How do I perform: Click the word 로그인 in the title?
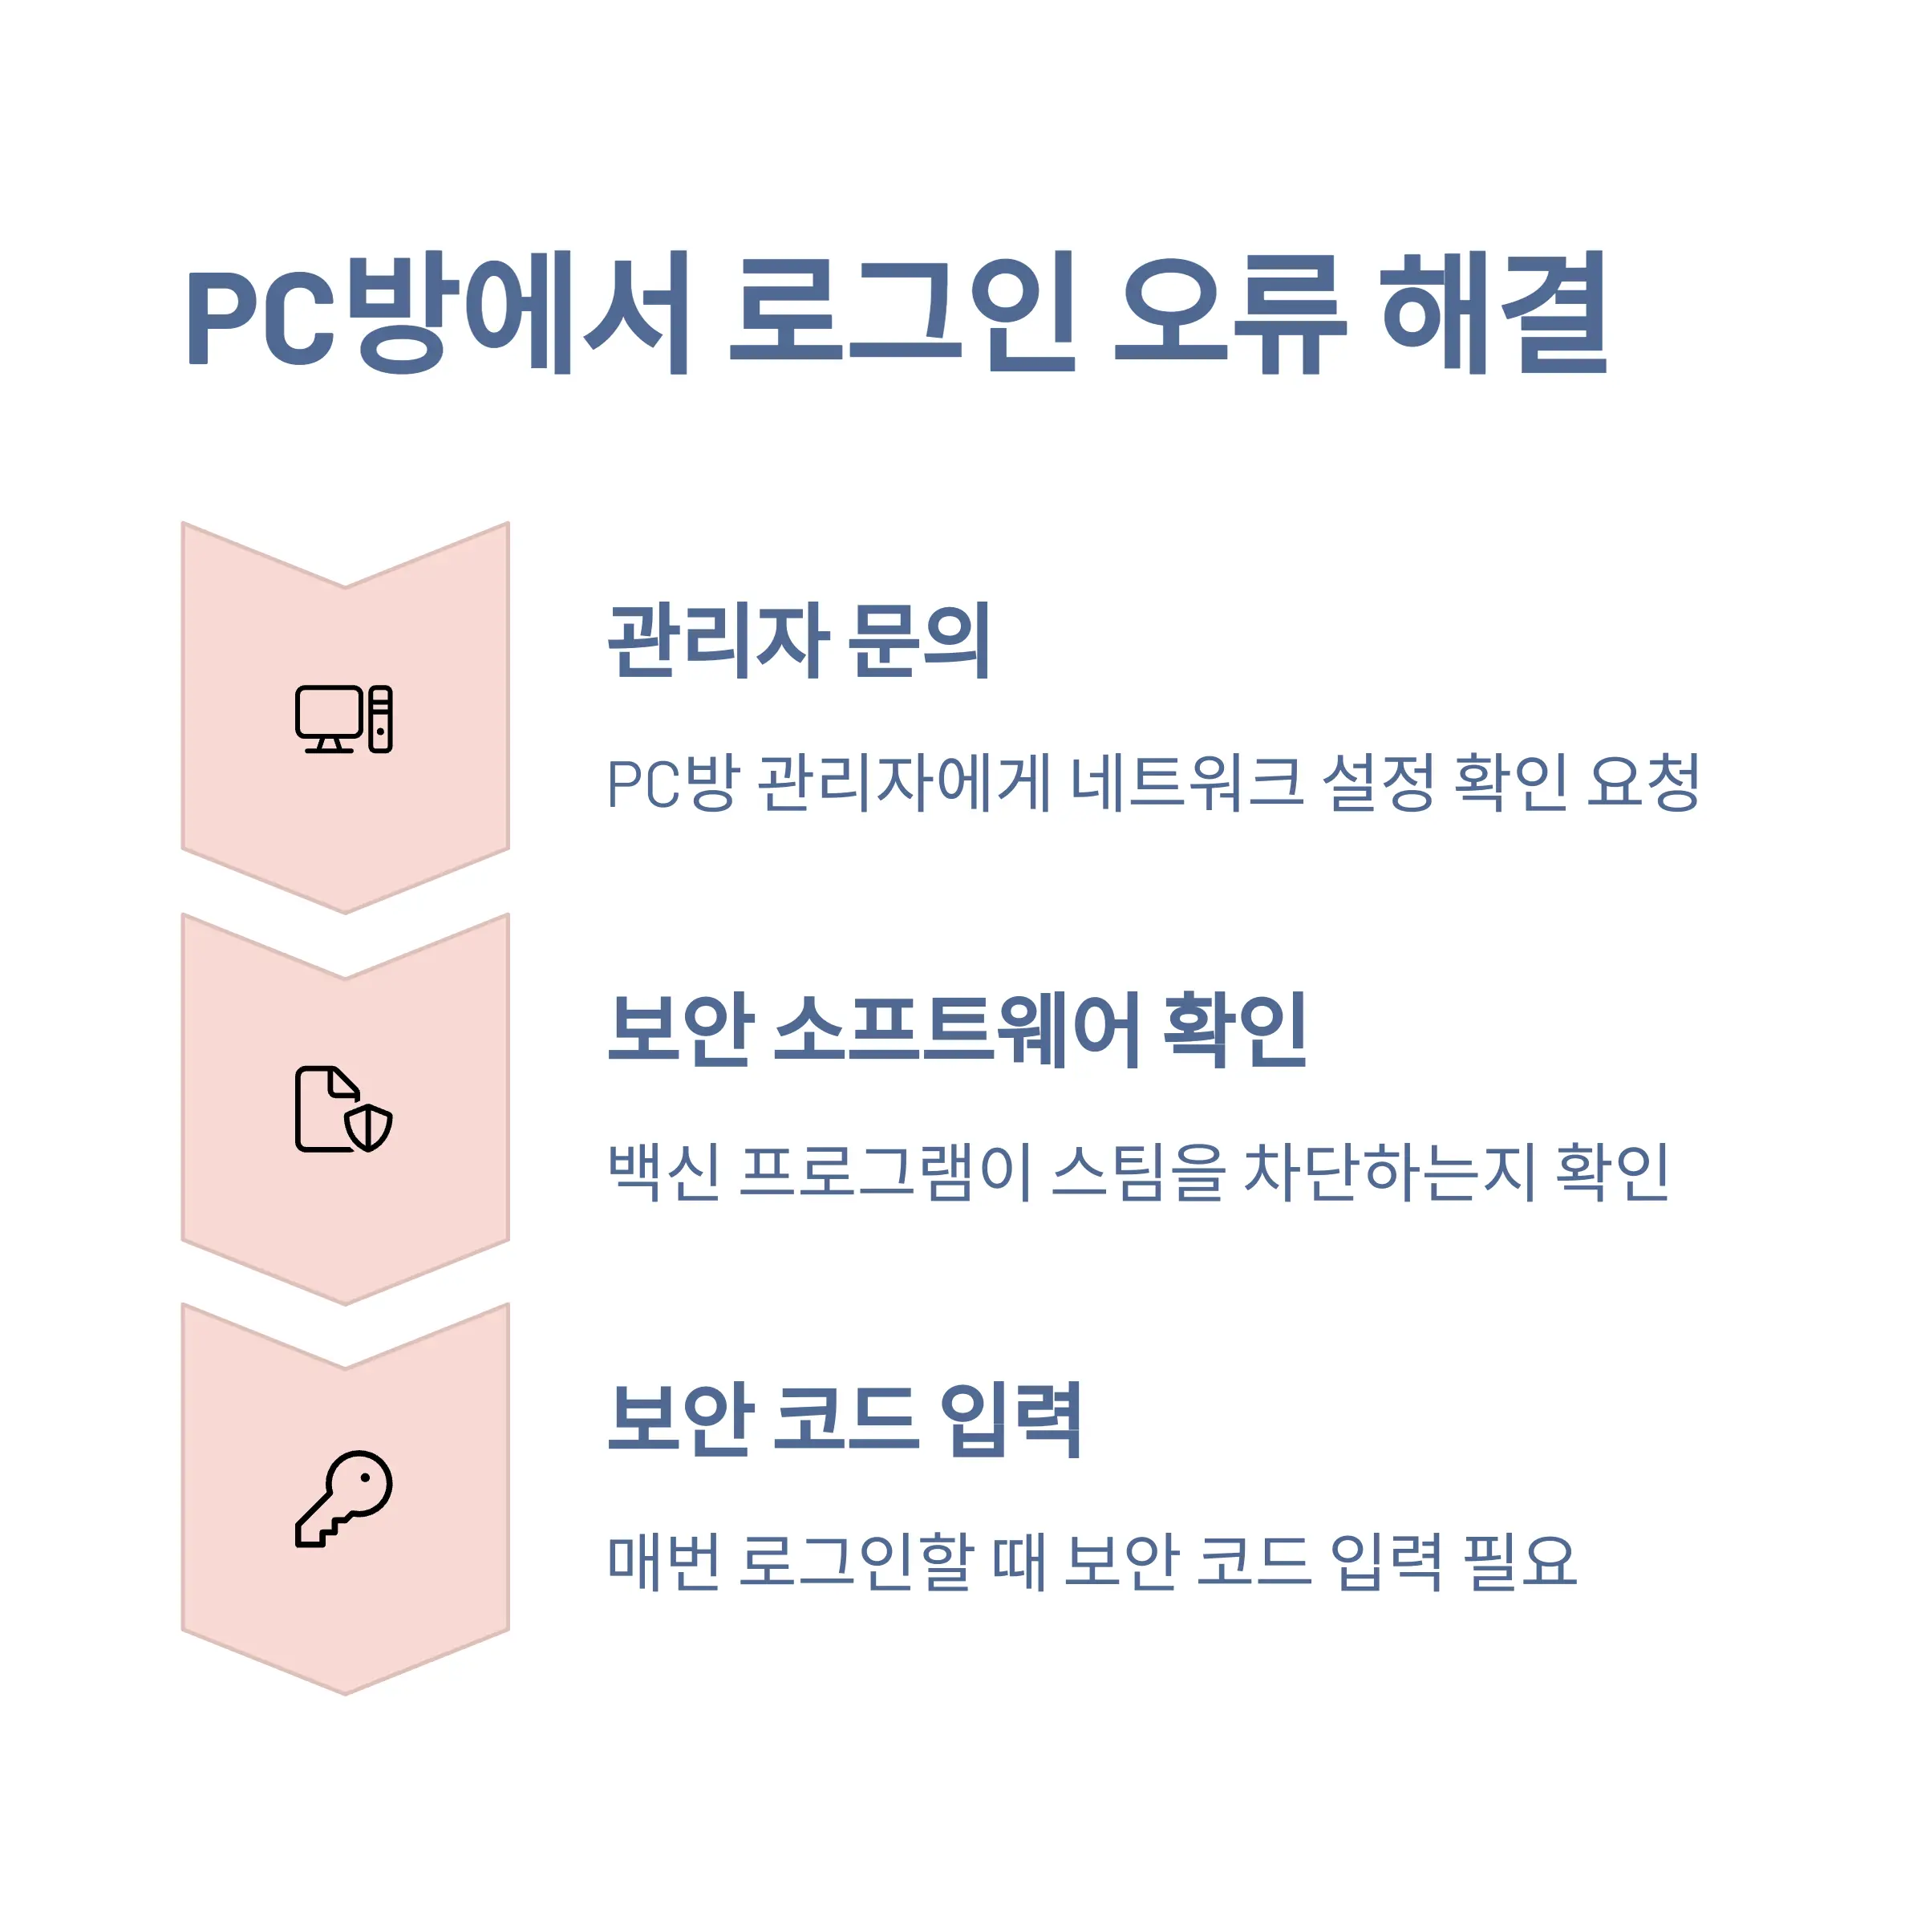902,312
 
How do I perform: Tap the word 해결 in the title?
1493,312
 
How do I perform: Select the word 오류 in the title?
1230,312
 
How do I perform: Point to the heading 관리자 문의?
799,641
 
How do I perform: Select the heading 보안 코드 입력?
845,1420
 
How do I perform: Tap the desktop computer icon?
344,719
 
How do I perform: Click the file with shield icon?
344,1109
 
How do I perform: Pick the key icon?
344,1498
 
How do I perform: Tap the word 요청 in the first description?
1644,783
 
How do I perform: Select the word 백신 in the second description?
665,1173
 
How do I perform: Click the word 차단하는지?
1389,1173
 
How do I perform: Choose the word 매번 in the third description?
665,1562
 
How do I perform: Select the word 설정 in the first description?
1378,783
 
